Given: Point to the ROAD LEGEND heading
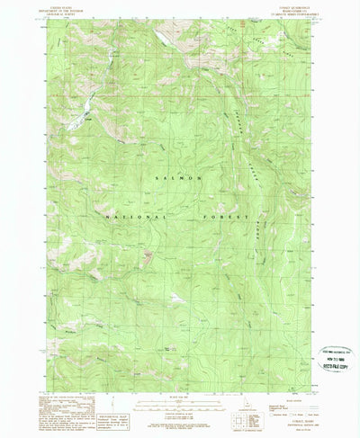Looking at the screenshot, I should [270, 382].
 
